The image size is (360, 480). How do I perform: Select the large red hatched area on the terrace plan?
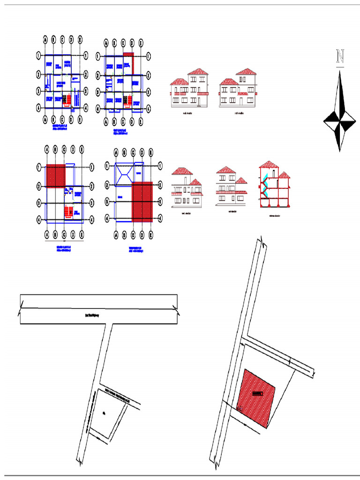tap(142, 201)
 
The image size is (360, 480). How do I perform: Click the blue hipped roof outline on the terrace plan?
tap(125, 175)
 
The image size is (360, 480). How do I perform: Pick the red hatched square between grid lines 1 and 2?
tap(56, 175)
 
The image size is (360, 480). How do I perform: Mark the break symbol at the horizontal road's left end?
tap(20, 309)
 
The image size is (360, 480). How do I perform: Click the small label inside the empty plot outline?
tap(103, 413)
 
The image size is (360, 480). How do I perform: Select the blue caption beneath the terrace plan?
tap(135, 249)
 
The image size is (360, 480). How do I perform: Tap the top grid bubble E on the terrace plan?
tap(150, 152)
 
